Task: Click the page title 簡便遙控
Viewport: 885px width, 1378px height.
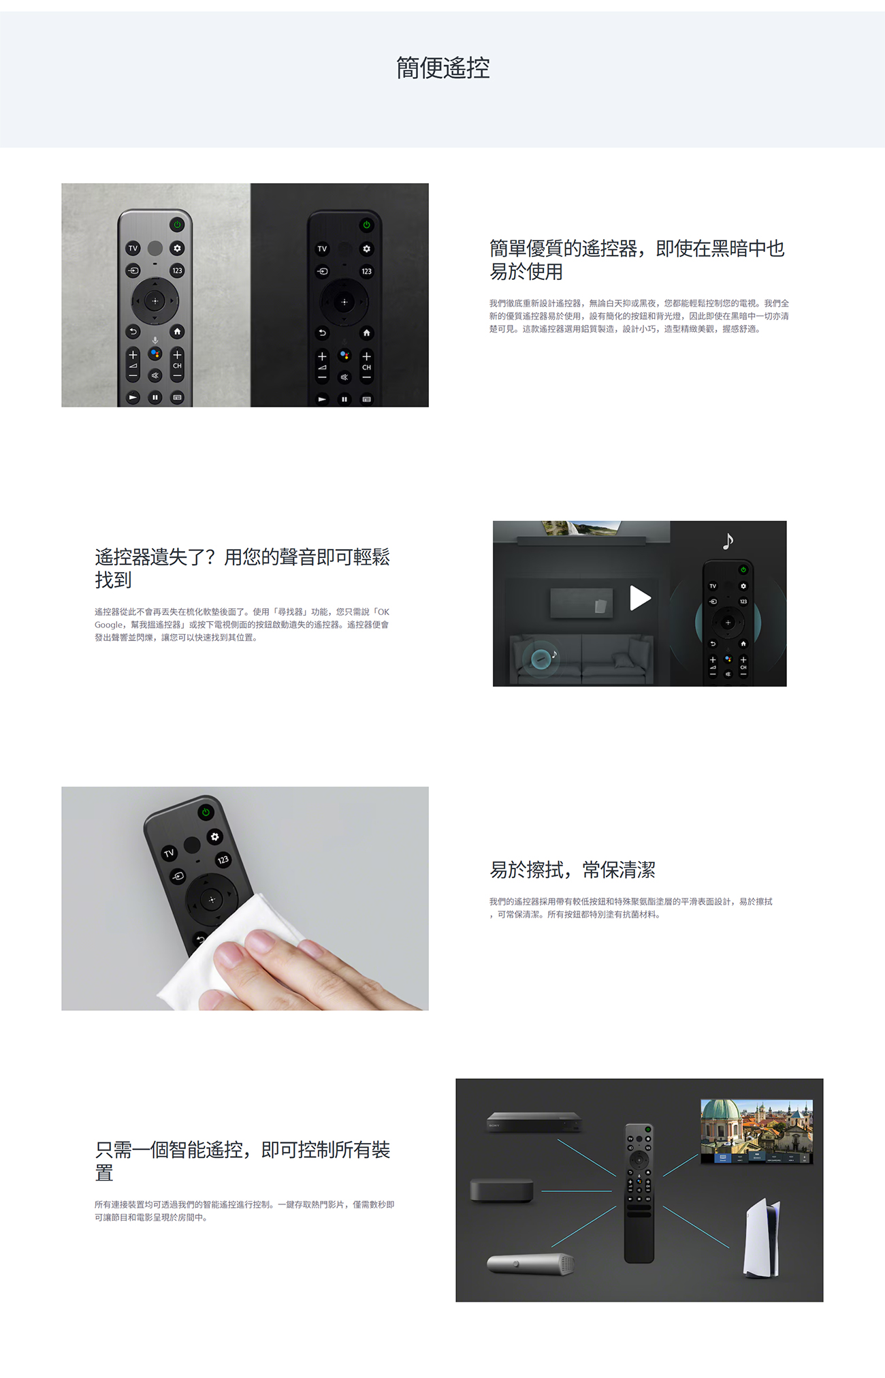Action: (442, 68)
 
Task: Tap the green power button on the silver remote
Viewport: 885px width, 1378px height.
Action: (177, 224)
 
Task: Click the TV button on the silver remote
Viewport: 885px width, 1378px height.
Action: (133, 249)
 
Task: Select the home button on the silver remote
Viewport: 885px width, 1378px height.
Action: (177, 332)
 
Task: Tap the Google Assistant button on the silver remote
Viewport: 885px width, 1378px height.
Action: (155, 354)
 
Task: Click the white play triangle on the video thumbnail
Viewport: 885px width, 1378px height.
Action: (640, 598)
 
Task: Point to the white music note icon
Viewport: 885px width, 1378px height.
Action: (728, 541)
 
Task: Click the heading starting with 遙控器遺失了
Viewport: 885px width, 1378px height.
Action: (242, 568)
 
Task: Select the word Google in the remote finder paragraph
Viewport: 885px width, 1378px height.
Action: (109, 625)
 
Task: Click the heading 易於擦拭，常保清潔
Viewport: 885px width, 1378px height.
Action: (573, 870)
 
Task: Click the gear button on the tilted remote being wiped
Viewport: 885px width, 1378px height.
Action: (215, 836)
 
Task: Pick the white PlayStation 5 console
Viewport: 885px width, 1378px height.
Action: (762, 1239)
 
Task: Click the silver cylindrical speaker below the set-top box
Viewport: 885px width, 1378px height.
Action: (531, 1264)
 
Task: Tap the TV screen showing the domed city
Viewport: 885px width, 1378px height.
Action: (757, 1131)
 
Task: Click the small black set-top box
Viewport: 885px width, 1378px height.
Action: (502, 1190)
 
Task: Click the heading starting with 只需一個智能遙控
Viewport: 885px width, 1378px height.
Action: (242, 1161)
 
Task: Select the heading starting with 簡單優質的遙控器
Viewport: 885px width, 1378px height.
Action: (637, 260)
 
